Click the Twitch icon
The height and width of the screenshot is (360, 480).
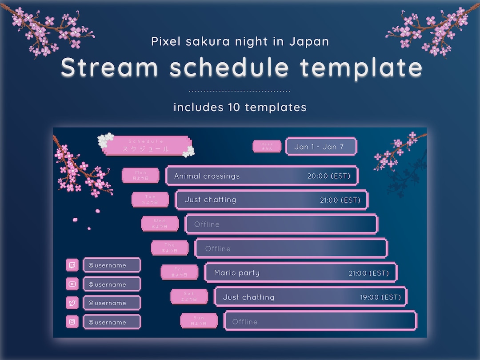point(72,265)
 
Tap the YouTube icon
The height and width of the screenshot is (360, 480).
point(72,284)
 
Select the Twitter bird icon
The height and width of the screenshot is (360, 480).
point(72,303)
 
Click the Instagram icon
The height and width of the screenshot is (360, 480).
point(72,322)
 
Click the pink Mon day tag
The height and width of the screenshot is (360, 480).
point(140,176)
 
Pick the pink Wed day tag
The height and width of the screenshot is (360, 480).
point(160,224)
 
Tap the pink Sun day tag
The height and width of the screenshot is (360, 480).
point(199,321)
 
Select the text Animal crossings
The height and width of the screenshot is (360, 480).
point(207,176)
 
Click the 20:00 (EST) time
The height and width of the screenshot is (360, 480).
point(329,176)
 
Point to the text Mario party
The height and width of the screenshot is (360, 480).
point(236,273)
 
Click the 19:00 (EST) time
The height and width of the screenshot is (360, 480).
point(380,297)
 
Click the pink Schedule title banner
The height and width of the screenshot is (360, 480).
point(146,146)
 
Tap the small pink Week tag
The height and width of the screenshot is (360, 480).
point(267,146)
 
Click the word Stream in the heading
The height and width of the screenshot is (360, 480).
point(109,68)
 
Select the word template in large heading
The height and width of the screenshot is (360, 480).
point(361,68)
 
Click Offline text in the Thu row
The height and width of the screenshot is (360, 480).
point(218,248)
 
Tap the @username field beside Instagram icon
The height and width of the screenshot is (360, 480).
point(112,322)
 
